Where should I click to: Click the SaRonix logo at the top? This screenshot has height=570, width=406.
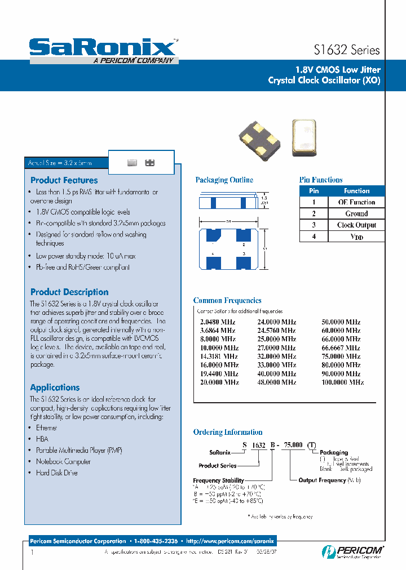click(103, 48)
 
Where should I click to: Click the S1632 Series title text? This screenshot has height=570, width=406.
click(346, 50)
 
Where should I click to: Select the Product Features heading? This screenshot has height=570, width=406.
click(64, 180)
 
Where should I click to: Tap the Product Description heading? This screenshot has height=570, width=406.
click(69, 292)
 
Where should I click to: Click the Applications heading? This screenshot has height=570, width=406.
click(55, 388)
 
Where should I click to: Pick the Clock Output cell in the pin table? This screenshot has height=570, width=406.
click(356, 225)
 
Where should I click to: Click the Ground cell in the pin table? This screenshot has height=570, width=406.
click(356, 213)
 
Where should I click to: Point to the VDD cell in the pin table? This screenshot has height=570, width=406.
click(356, 237)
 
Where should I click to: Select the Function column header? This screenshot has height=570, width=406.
click(356, 191)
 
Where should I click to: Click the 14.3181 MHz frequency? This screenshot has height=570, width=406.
click(215, 357)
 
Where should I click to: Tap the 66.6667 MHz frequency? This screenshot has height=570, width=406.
click(338, 348)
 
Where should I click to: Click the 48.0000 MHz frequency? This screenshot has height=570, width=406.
click(276, 382)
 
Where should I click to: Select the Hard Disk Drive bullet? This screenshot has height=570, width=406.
click(56, 473)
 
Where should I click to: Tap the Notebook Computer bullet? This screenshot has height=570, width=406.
click(63, 461)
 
